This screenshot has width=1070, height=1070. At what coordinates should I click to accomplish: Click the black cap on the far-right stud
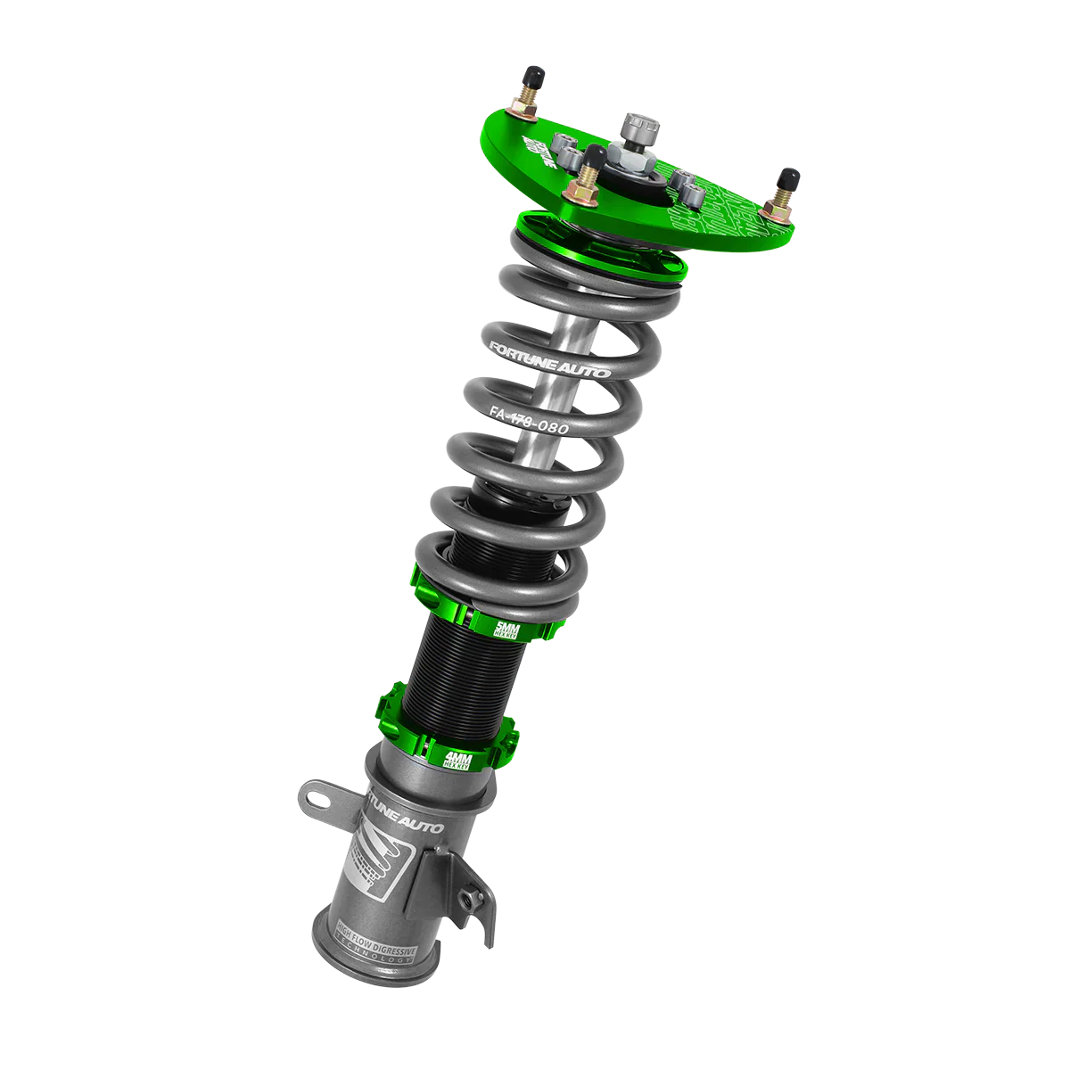tap(789, 177)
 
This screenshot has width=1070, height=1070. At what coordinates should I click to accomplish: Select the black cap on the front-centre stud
tap(590, 156)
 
